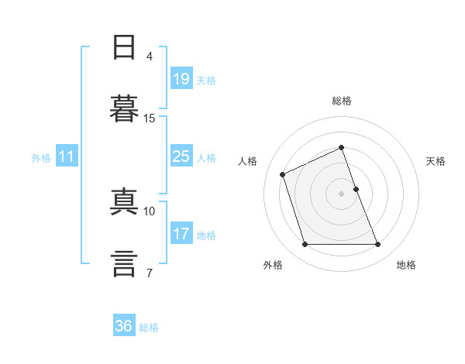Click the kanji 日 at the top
tap(124, 47)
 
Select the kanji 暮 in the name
tap(124, 108)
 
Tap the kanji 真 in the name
tap(124, 201)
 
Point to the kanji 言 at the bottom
tap(124, 264)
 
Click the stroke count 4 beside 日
tap(149, 57)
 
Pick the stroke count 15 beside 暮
tap(149, 118)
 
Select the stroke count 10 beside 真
tap(149, 211)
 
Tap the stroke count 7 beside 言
tap(150, 273)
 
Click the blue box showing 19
tap(181, 78)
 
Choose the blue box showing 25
tap(181, 156)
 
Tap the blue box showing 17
tap(181, 232)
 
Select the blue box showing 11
tap(67, 156)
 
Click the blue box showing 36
tap(124, 325)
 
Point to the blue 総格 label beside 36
tap(149, 328)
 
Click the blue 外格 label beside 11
tap(41, 158)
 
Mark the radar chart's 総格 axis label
tap(342, 101)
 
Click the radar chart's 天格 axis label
tap(436, 161)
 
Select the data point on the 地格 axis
tap(377, 244)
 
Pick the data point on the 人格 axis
tap(282, 174)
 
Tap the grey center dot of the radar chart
tap(341, 194)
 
